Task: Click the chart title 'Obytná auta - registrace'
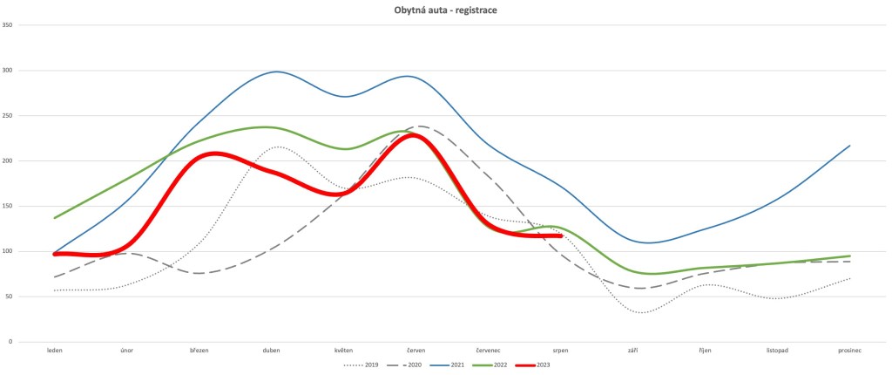pos(445,11)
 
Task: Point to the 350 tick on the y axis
pos(30,24)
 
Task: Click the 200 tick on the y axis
pos(30,160)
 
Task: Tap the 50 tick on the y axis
pos(32,297)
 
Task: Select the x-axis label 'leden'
pos(55,351)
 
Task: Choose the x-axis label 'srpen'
pos(560,351)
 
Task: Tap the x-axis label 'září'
pos(632,351)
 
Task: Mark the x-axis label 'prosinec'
pos(849,351)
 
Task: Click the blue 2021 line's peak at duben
pos(276,72)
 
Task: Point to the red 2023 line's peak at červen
pos(415,135)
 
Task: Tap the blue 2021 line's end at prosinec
pos(849,146)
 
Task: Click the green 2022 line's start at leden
pos(55,218)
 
